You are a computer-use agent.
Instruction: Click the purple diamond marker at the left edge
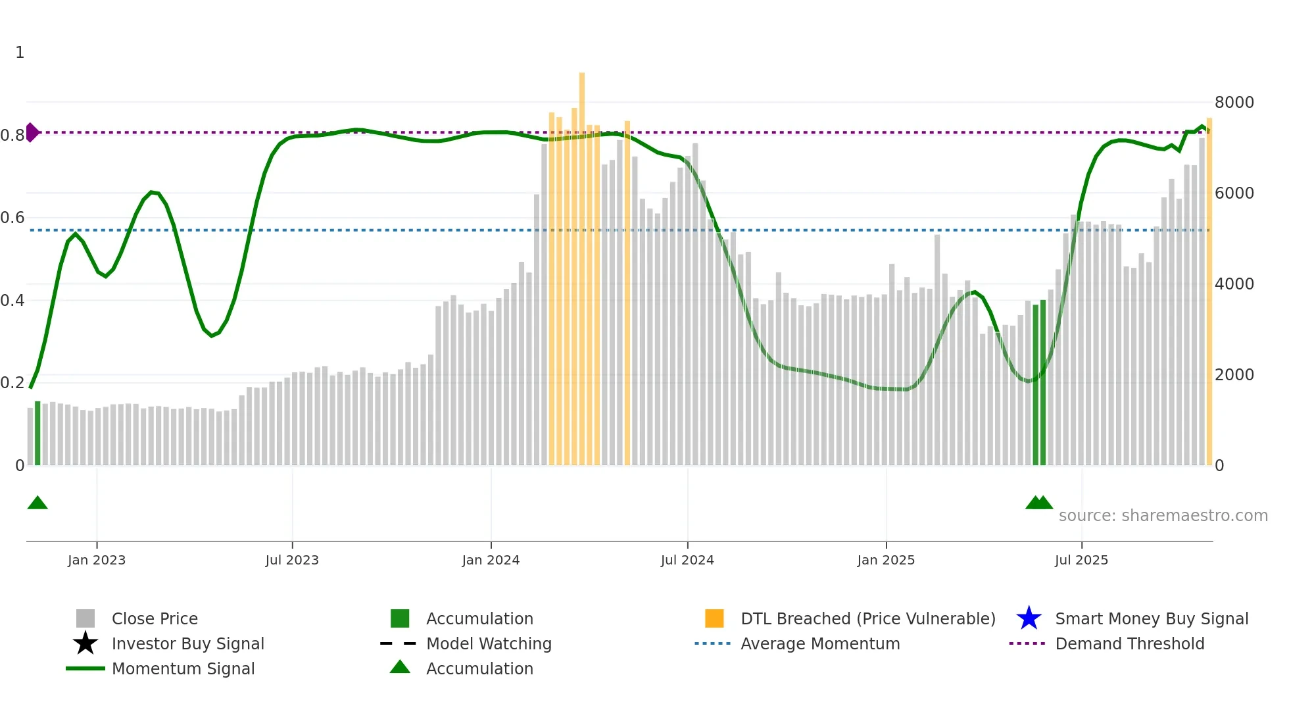(32, 132)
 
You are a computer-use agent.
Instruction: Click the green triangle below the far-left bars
(37, 503)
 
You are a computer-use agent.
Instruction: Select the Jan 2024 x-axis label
(491, 560)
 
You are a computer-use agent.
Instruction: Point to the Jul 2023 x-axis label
(292, 560)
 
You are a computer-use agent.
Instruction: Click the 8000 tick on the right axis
(1234, 103)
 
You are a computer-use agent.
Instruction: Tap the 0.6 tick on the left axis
(12, 218)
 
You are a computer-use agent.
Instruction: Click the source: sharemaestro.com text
(1163, 516)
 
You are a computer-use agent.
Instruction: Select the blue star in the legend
(1029, 618)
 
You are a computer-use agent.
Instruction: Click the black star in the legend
(85, 643)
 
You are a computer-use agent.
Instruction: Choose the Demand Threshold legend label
(1129, 643)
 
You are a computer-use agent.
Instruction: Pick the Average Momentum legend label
(819, 643)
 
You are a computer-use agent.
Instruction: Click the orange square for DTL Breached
(714, 618)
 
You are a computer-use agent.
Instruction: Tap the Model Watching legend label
(489, 643)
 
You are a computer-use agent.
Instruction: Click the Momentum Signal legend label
(183, 668)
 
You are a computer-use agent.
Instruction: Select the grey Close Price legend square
(85, 618)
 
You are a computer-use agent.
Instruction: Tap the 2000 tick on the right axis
(1234, 375)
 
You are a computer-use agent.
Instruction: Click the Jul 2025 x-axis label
(1081, 560)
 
